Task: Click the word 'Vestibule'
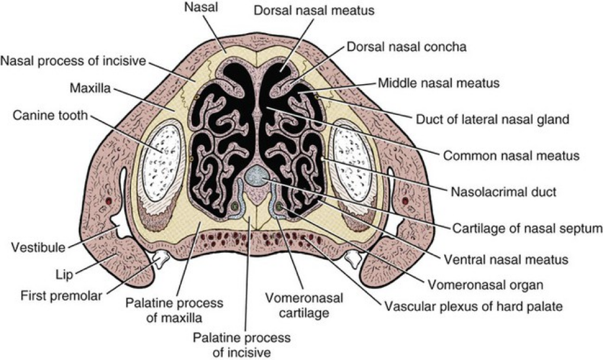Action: (x=36, y=247)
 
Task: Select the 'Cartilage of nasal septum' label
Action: (x=515, y=228)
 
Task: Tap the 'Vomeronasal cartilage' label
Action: (x=297, y=306)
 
